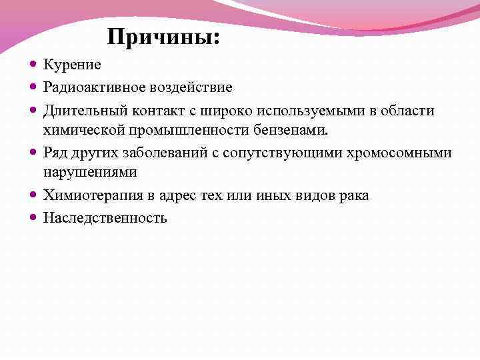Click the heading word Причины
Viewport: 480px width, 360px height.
click(x=162, y=37)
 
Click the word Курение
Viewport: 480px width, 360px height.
click(x=72, y=65)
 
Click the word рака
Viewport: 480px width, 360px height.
click(x=354, y=195)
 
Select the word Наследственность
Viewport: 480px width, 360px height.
click(x=105, y=217)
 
